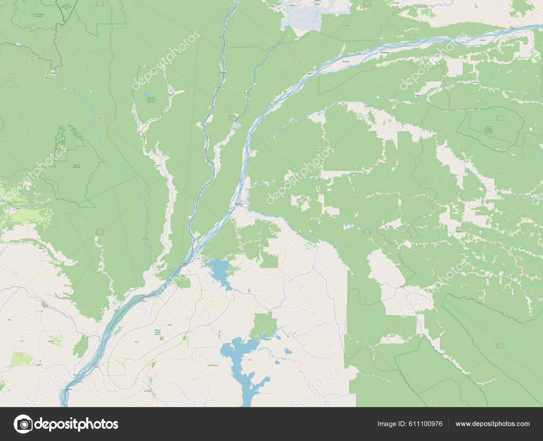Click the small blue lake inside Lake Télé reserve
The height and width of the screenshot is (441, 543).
coord(146,95)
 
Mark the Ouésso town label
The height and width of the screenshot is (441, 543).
coord(53,73)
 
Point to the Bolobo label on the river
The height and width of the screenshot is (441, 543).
coord(70,389)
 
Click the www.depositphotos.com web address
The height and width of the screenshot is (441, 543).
coord(492,424)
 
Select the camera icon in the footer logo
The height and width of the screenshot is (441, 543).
coord(23,424)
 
